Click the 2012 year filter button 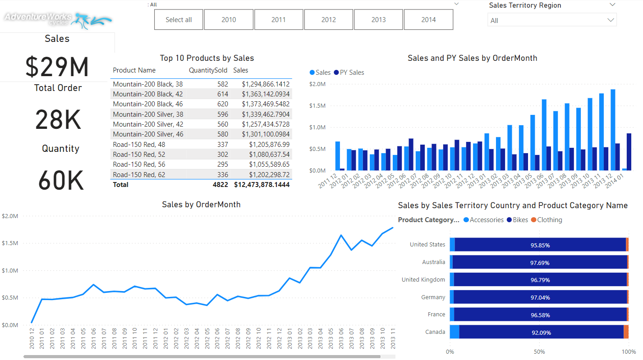tap(329, 20)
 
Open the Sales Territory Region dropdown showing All tap(551, 20)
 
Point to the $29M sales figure tap(57, 67)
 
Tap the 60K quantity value tap(60, 181)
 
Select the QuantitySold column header tap(208, 70)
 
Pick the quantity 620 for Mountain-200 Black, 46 tap(222, 104)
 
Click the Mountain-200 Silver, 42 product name tap(148, 124)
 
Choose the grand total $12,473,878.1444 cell tap(262, 185)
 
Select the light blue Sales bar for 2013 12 tap(613, 130)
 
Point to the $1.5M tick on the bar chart tap(317, 106)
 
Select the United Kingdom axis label tap(423, 280)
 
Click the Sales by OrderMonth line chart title tap(201, 205)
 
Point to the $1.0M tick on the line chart tap(10, 271)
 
